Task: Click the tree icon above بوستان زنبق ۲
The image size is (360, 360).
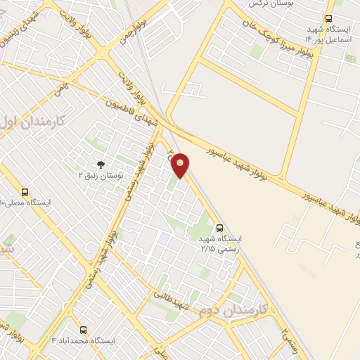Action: point(101,164)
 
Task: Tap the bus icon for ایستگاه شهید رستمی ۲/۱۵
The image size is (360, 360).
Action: point(220,228)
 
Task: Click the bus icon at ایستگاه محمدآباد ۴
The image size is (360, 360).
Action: point(84,329)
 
